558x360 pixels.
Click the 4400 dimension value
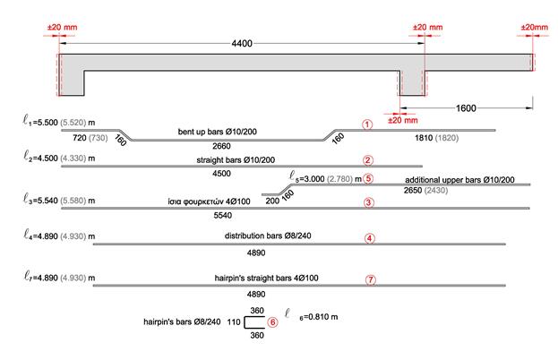click(x=242, y=43)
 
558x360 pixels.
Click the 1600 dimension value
click(x=466, y=108)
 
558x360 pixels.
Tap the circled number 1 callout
click(x=367, y=124)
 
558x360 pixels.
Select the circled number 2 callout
click(x=368, y=160)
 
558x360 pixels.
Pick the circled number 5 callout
click(x=368, y=178)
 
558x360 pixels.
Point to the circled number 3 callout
click(x=369, y=202)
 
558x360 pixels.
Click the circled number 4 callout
click(x=369, y=238)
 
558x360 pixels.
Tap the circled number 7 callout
click(x=371, y=280)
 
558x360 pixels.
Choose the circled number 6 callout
click(x=272, y=322)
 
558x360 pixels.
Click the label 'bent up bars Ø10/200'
click(x=217, y=132)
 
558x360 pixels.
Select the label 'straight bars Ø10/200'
click(x=236, y=160)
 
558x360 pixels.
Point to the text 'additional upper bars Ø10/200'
click(x=459, y=180)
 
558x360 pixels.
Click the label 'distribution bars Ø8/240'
click(x=268, y=236)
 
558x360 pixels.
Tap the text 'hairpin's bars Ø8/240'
click(x=182, y=321)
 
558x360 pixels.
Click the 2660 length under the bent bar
click(x=221, y=146)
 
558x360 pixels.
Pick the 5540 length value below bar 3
click(x=223, y=215)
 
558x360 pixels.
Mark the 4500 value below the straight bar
click(x=221, y=174)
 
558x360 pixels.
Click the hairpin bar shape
click(x=245, y=322)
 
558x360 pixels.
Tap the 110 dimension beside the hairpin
click(x=234, y=322)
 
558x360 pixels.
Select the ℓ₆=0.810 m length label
click(x=311, y=314)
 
